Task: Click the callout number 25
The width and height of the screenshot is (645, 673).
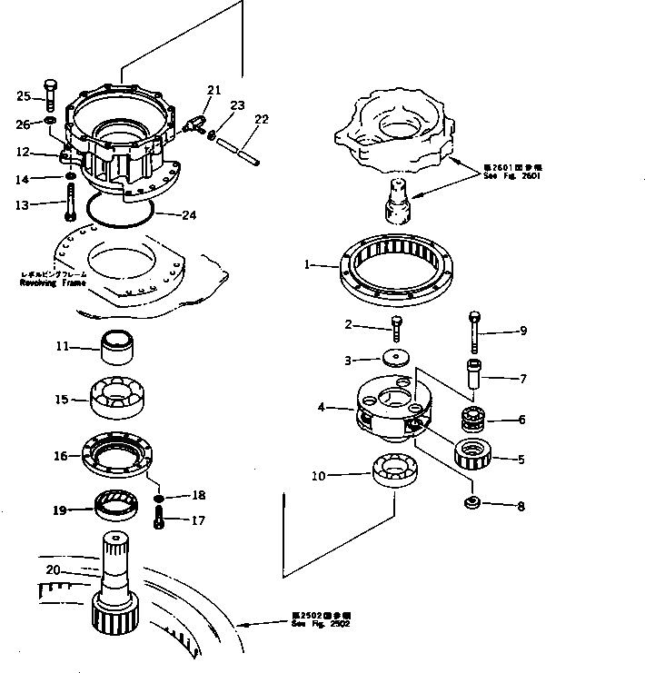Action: coord(24,95)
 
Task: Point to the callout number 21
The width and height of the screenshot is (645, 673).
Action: coord(214,90)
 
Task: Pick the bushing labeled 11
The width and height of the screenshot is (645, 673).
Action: coord(118,346)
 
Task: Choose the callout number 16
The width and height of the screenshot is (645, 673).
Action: coord(60,456)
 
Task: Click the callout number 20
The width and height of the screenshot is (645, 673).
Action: coord(52,569)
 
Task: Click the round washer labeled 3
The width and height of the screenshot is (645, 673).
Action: coord(397,358)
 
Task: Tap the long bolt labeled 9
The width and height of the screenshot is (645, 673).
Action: coord(474,332)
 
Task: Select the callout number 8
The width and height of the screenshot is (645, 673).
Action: coord(521,507)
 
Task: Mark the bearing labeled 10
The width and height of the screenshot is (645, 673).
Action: coord(395,474)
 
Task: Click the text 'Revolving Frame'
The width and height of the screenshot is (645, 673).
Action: coord(53,282)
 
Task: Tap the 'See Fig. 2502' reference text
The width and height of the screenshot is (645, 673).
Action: coord(319,626)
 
